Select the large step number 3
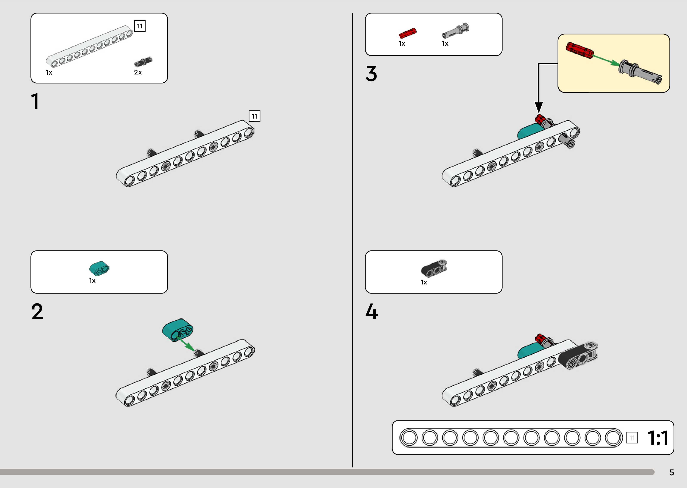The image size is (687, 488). tap(371, 74)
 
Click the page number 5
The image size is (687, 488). tap(671, 472)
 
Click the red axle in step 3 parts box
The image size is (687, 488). tap(408, 32)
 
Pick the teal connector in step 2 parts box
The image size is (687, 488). tap(99, 268)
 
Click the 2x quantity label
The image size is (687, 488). tap(138, 73)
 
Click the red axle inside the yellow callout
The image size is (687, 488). tap(579, 50)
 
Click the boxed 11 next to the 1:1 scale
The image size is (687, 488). tap(632, 438)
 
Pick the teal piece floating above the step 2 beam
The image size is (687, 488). tap(178, 330)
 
